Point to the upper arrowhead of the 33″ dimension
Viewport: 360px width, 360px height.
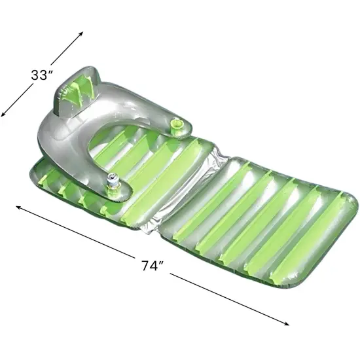click(82, 31)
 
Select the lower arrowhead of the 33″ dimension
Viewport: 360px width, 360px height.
click(4, 115)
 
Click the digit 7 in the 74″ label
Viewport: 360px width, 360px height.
click(147, 266)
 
